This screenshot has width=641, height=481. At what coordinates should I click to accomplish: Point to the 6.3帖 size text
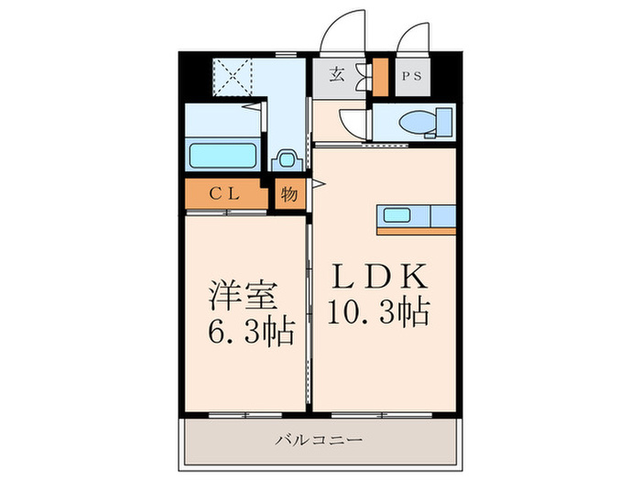click(243, 331)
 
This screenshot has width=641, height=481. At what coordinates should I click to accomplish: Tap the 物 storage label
click(288, 194)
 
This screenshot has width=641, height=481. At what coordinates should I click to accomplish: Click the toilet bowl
click(418, 123)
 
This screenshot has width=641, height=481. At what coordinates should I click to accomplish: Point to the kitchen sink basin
click(397, 216)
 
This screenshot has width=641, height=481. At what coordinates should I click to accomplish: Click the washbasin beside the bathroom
click(287, 159)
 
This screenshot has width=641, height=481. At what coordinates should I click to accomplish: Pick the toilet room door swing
click(352, 123)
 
